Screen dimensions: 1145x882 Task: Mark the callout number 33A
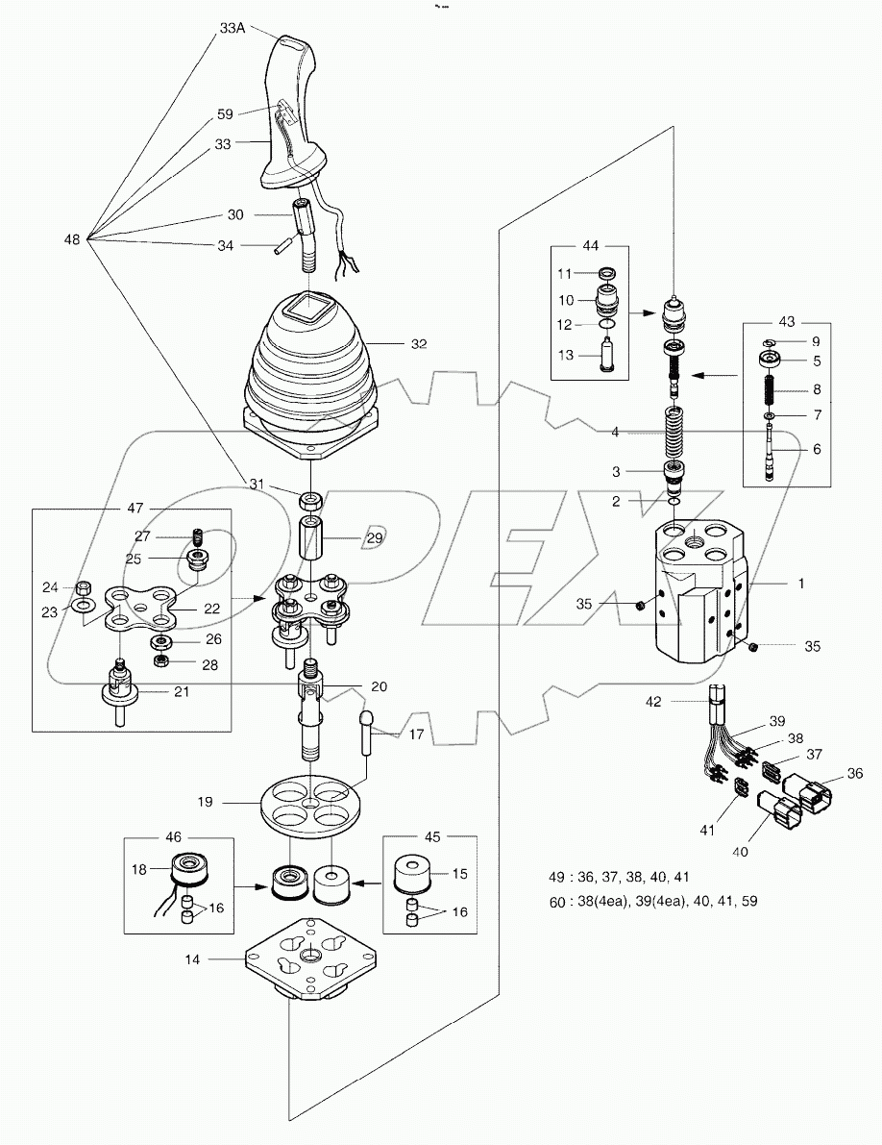click(233, 29)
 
